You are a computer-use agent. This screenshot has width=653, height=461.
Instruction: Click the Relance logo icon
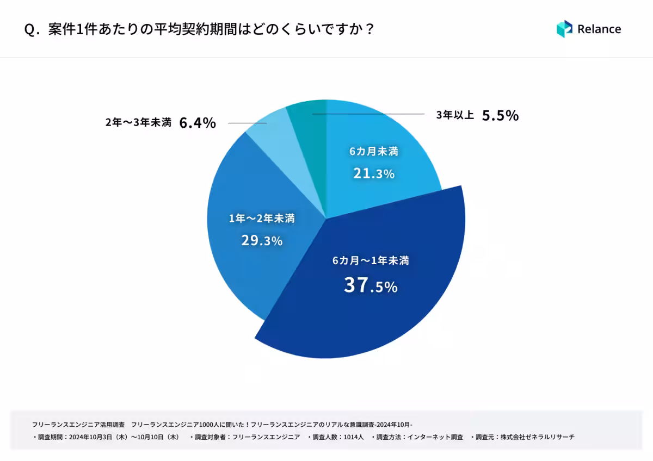click(x=564, y=29)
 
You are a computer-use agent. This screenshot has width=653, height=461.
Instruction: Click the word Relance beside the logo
click(x=599, y=29)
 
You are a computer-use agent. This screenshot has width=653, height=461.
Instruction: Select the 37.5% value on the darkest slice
click(x=371, y=285)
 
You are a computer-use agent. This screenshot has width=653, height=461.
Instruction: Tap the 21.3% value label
click(x=373, y=173)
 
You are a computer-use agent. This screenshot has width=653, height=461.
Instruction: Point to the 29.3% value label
click(x=262, y=240)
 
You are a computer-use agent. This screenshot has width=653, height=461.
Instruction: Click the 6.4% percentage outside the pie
click(x=198, y=123)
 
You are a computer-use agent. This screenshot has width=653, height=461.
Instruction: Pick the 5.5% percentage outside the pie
click(x=500, y=115)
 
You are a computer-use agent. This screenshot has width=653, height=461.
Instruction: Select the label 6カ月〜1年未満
click(x=371, y=261)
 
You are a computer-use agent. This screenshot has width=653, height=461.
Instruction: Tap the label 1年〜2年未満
click(x=262, y=219)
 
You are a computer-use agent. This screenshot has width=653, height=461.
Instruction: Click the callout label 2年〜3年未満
click(x=138, y=123)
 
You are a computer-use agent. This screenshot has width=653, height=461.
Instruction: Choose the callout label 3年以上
click(x=455, y=115)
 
